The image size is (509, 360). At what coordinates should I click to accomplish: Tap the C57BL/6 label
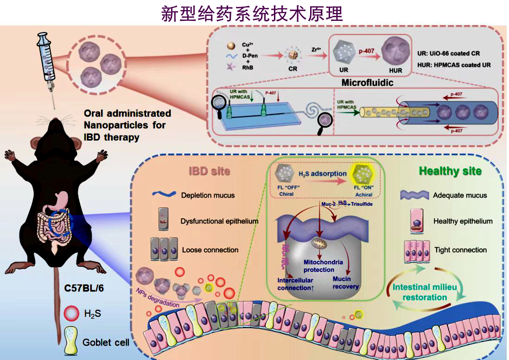pyautogui.click(x=83, y=289)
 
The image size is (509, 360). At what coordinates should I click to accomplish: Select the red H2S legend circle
pyautogui.click(x=72, y=314)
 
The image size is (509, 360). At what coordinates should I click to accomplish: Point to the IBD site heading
pyautogui.click(x=209, y=171)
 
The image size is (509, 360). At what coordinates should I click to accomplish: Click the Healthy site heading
pyautogui.click(x=450, y=171)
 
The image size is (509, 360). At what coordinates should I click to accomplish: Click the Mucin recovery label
pyautogui.click(x=345, y=283)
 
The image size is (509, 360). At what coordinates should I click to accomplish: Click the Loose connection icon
pyautogui.click(x=164, y=250)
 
